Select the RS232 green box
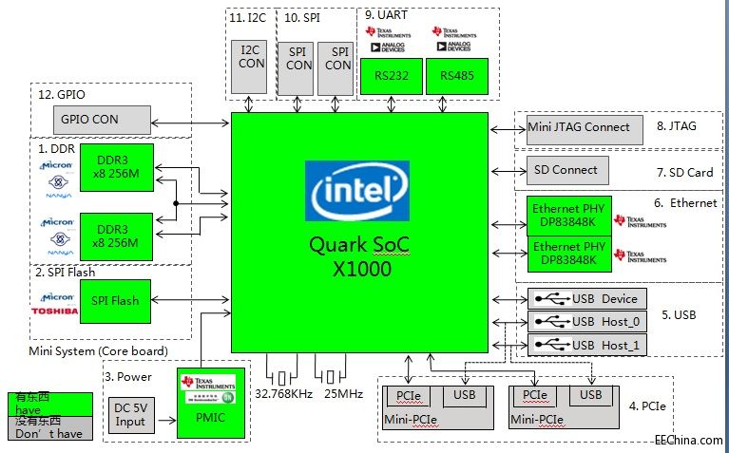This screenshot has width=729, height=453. [393, 76]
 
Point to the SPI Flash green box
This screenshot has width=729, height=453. [114, 300]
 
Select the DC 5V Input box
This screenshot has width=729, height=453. [130, 414]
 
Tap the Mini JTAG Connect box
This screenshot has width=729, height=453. [579, 127]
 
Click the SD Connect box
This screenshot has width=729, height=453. [566, 170]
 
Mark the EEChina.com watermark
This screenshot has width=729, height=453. [688, 440]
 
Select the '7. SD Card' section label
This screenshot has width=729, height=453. [683, 173]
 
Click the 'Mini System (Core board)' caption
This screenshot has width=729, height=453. [99, 350]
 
